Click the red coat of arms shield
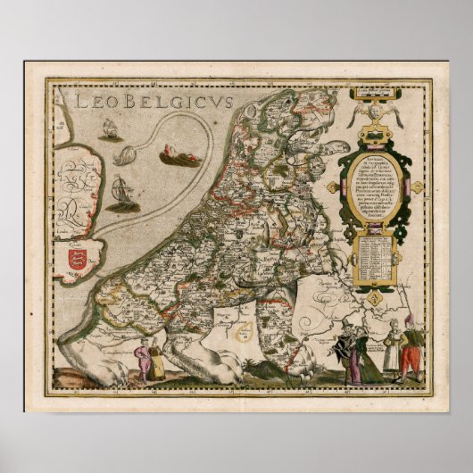tap(78, 261)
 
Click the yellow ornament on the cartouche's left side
tap(332, 187)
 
